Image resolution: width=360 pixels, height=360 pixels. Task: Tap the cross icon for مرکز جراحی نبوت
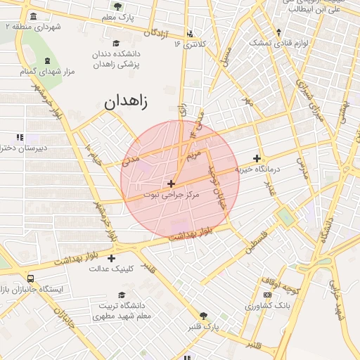click(171, 184)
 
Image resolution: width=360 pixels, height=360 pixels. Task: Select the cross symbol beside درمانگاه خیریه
click(257, 159)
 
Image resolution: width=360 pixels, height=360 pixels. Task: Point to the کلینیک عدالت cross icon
click(111, 259)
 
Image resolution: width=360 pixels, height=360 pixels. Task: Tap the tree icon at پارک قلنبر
click(204, 316)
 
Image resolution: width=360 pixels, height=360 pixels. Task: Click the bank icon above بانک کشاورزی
click(267, 293)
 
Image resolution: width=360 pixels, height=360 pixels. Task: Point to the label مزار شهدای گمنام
click(49, 71)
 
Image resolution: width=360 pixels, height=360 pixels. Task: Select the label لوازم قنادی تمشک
click(280, 43)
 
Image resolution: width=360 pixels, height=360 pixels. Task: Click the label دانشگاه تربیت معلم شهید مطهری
click(123, 311)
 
